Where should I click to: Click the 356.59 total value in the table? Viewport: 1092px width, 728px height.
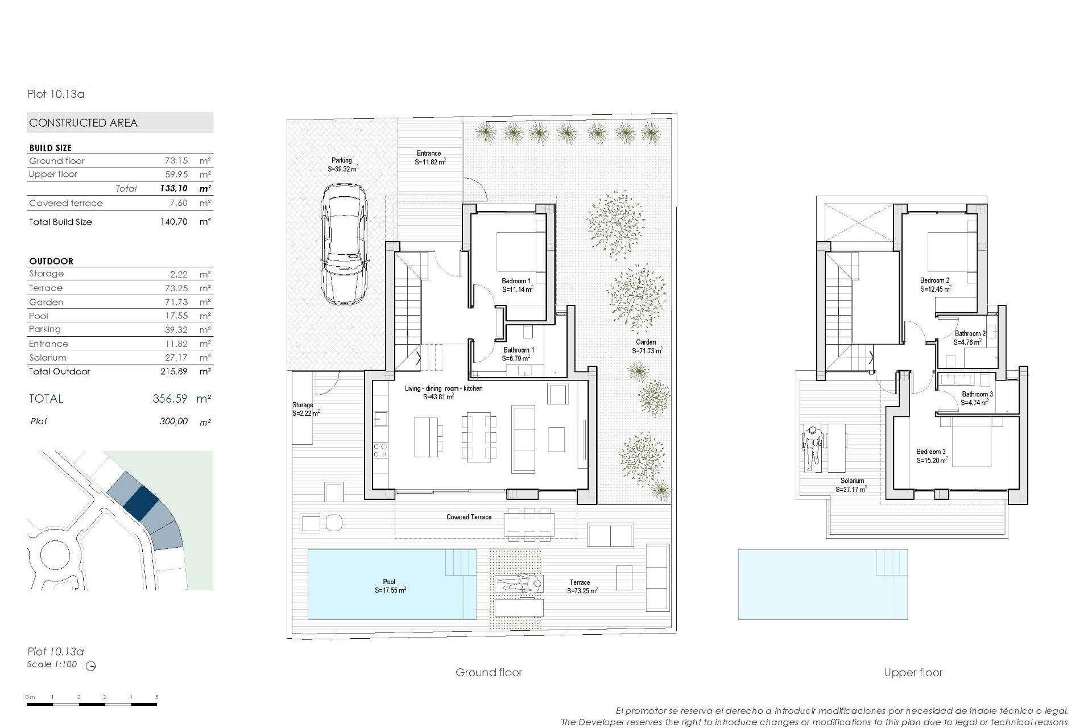click(x=169, y=399)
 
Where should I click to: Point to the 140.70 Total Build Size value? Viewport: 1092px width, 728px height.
click(x=173, y=222)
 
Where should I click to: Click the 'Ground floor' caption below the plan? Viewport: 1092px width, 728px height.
click(x=489, y=672)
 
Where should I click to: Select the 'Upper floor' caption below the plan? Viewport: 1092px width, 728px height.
click(x=913, y=672)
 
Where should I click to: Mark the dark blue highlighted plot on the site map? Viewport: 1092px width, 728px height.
click(x=140, y=502)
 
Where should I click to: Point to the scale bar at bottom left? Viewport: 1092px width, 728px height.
click(x=92, y=704)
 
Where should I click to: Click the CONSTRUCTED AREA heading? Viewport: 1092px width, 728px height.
click(x=84, y=123)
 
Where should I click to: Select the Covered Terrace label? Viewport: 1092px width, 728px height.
click(x=469, y=517)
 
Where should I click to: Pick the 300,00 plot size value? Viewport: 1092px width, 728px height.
click(x=173, y=421)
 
